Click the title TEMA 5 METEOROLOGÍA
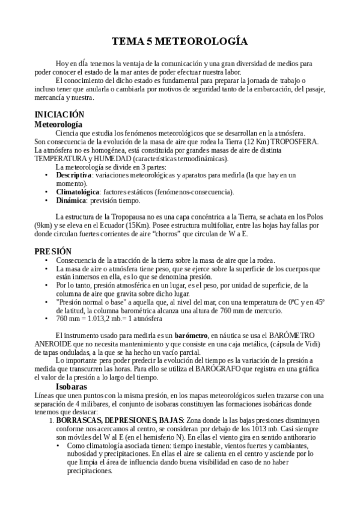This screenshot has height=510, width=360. (x=180, y=41)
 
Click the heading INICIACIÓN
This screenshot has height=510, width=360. (x=59, y=114)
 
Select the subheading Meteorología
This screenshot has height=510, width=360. (x=58, y=123)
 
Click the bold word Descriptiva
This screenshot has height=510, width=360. (x=73, y=175)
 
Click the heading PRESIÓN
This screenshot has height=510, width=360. (x=53, y=251)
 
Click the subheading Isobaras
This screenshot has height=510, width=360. (x=72, y=386)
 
